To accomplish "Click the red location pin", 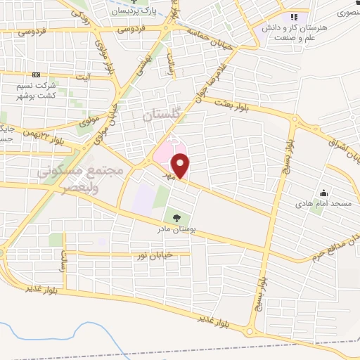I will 181,166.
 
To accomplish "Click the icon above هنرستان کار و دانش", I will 294,16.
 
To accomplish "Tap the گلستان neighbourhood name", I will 161,117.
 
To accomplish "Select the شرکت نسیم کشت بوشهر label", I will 36,91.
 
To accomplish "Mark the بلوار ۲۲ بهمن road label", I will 46,132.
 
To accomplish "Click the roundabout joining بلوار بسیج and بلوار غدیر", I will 250,330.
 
